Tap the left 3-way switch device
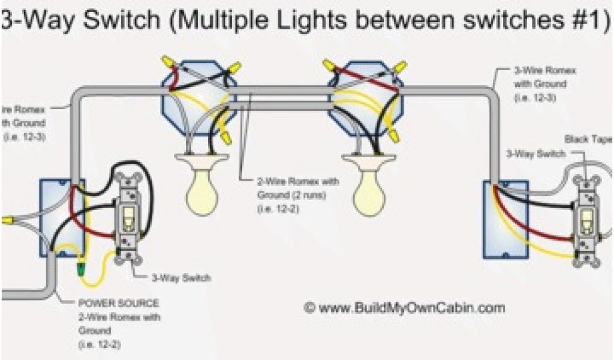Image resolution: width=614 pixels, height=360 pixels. click(x=128, y=218)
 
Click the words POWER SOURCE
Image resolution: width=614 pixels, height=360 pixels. click(x=118, y=304)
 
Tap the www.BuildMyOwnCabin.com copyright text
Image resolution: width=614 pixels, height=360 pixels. click(x=405, y=308)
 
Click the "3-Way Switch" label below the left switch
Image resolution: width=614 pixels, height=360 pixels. click(x=186, y=278)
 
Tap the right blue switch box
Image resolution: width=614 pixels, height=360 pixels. click(x=505, y=219)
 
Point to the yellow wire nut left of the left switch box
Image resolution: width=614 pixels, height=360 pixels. click(x=7, y=221)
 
